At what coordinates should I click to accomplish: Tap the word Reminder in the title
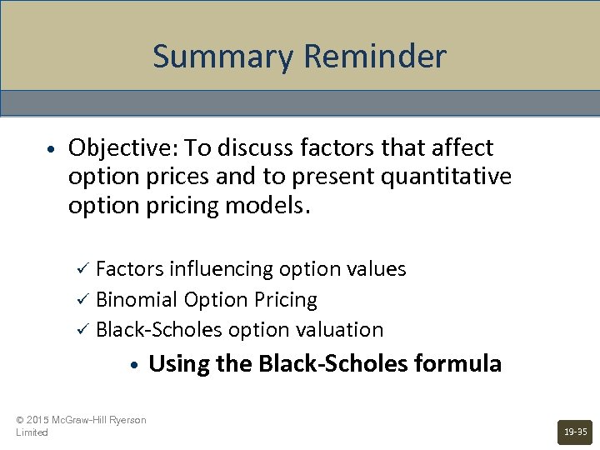point(375,57)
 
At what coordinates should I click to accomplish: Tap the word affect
point(462,148)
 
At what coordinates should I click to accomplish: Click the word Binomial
point(137,299)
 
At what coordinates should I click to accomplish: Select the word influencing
point(221,269)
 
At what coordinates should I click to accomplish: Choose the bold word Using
point(177,364)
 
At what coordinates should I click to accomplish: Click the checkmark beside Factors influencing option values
point(82,269)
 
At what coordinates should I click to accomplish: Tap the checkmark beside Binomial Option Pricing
point(82,299)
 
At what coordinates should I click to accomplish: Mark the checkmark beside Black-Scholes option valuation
point(82,330)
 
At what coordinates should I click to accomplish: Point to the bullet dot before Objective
point(52,149)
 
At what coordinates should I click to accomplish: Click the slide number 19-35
point(575,432)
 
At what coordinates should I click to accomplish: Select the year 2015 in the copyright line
point(38,420)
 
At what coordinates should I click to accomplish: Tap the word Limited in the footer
point(32,432)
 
